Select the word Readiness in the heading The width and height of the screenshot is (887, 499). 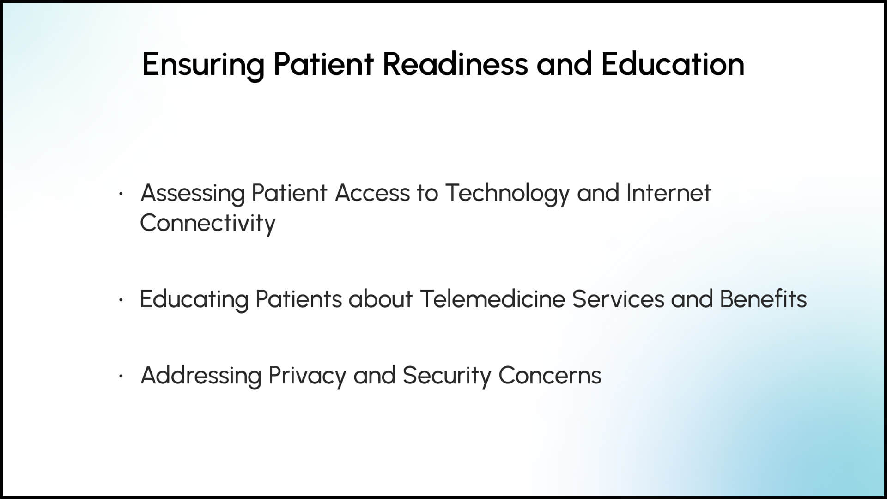click(x=455, y=64)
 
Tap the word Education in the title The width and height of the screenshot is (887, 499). click(x=673, y=64)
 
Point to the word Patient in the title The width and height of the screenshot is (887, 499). click(x=323, y=64)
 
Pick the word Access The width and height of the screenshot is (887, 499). click(x=372, y=193)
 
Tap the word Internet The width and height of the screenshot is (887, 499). click(x=668, y=193)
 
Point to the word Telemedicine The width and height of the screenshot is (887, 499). click(x=492, y=299)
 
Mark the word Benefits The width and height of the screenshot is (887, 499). click(x=763, y=299)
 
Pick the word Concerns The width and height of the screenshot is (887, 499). click(x=550, y=375)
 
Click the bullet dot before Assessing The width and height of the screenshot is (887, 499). click(x=121, y=194)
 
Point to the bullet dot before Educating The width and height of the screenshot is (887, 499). click(x=121, y=300)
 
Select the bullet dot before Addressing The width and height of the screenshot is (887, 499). click(x=121, y=377)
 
